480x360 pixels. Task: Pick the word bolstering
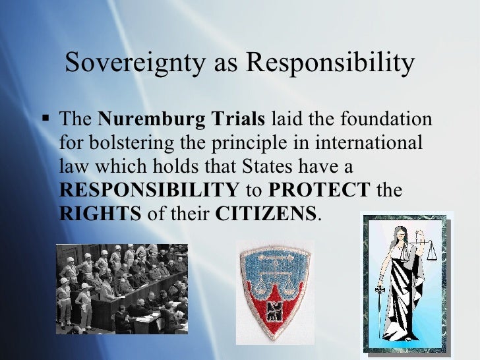click(x=120, y=144)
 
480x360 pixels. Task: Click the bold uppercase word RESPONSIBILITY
click(x=150, y=191)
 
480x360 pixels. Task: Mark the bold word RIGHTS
click(x=100, y=214)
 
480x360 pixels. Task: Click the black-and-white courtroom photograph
click(x=121, y=289)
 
